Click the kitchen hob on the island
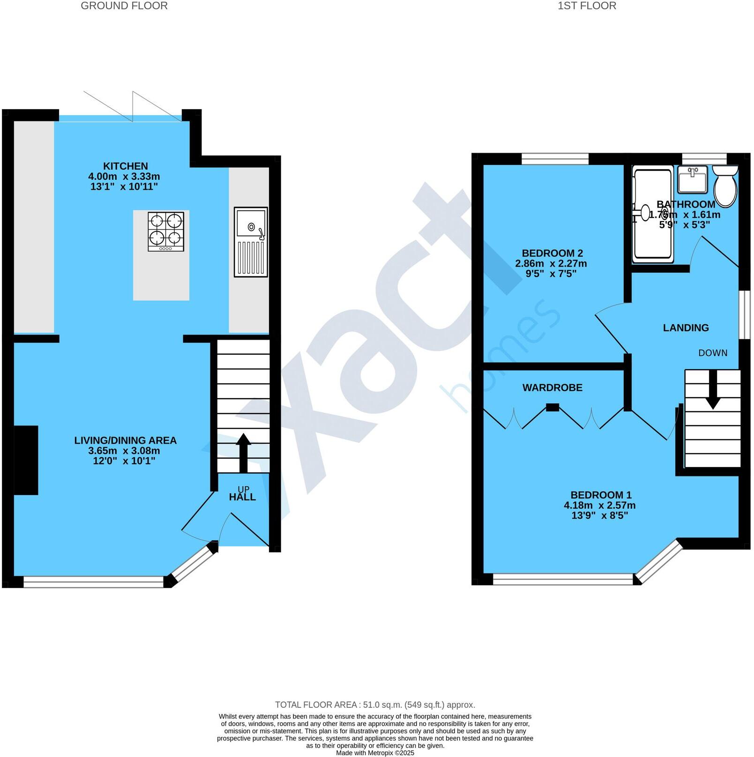tap(166, 231)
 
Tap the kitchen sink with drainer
tap(251, 242)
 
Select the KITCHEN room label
tap(125, 166)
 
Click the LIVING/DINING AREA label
tap(125, 440)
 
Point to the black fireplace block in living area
tap(26, 460)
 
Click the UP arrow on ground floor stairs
tap(243, 453)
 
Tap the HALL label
tap(242, 497)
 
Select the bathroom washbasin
tap(693, 179)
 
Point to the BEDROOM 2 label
tap(552, 253)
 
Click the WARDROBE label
tap(552, 388)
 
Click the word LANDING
tap(686, 328)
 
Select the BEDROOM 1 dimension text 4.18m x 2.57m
tap(599, 505)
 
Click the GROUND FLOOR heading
tap(124, 6)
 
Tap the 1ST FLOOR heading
tap(587, 6)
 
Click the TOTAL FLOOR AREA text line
tap(375, 705)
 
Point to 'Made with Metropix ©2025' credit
tap(375, 753)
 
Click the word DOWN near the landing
tap(713, 353)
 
